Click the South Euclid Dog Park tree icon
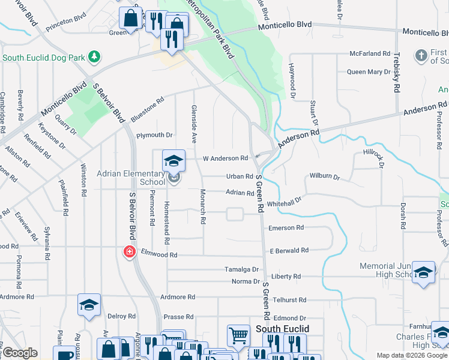point(94,57)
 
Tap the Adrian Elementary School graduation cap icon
point(173,161)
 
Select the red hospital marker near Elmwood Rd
point(128,251)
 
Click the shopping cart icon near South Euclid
point(238,335)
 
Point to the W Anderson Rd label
point(225,158)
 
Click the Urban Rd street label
point(240,176)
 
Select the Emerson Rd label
point(286,228)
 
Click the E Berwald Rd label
point(289,250)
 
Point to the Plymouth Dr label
point(154,136)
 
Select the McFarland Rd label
point(370,53)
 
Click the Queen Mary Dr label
point(369,72)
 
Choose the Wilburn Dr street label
point(325,178)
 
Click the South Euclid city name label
point(282,329)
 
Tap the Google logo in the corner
point(19,353)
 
